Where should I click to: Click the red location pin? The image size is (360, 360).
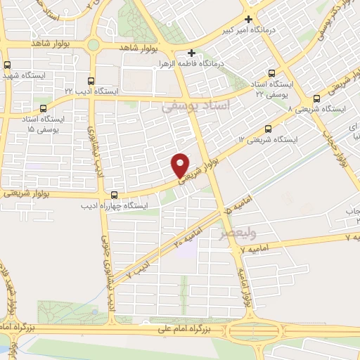click(x=181, y=164)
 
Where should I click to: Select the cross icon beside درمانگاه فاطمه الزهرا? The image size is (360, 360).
click(x=192, y=53)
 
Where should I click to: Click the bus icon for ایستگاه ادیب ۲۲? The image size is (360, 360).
click(x=90, y=80)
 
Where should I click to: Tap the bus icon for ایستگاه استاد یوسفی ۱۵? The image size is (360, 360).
click(x=44, y=108)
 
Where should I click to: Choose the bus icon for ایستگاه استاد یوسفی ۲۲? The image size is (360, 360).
click(x=272, y=74)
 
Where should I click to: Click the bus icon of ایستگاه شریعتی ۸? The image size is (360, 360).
click(x=317, y=98)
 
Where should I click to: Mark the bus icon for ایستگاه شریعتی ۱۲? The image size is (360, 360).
click(x=268, y=129)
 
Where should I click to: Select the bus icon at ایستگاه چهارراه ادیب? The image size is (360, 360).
click(x=115, y=194)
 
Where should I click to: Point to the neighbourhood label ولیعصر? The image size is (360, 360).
click(x=257, y=232)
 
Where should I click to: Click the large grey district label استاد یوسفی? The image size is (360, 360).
click(x=195, y=105)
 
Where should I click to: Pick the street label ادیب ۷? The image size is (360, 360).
click(x=139, y=269)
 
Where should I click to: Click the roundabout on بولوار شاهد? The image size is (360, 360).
click(x=93, y=45)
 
